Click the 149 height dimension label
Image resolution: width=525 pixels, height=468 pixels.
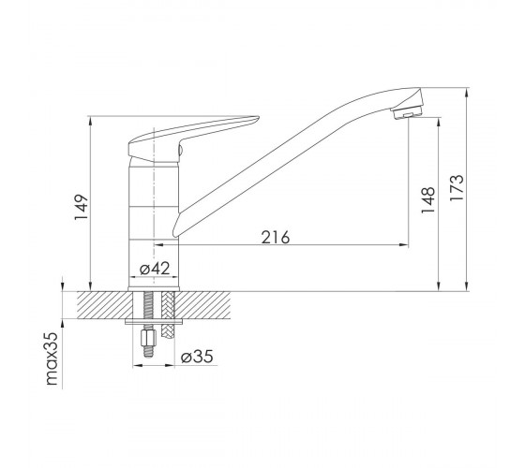82,207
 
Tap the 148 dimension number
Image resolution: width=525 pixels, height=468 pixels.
427,200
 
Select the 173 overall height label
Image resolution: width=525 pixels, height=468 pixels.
457,187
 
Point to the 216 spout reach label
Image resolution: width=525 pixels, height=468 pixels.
276,238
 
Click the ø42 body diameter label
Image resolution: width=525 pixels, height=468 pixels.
155,269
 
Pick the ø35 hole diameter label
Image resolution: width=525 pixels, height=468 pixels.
197,357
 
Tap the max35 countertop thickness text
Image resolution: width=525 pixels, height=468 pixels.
52,358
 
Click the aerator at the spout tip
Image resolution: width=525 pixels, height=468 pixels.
408,113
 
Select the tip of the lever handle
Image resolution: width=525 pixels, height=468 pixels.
257,118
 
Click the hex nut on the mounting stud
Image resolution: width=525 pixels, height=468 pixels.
148,338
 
